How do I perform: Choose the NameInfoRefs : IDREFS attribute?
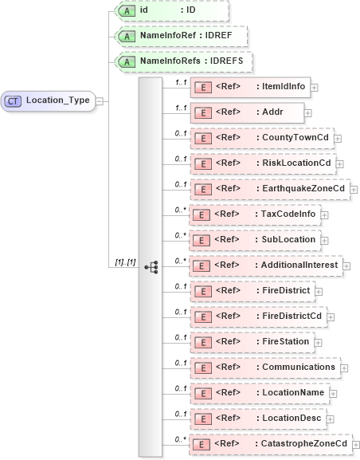(184, 61)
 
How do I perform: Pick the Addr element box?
(246, 112)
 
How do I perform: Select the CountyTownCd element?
(260, 138)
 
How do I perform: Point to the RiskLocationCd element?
(262, 163)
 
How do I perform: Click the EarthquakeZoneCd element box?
(269, 189)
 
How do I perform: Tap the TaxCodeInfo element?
(254, 214)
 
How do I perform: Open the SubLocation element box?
(254, 240)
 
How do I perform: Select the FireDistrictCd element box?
(258, 316)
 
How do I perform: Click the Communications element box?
(265, 367)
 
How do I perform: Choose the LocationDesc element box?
(258, 418)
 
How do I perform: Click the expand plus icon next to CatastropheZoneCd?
(355, 444)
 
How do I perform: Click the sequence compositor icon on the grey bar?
(151, 266)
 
